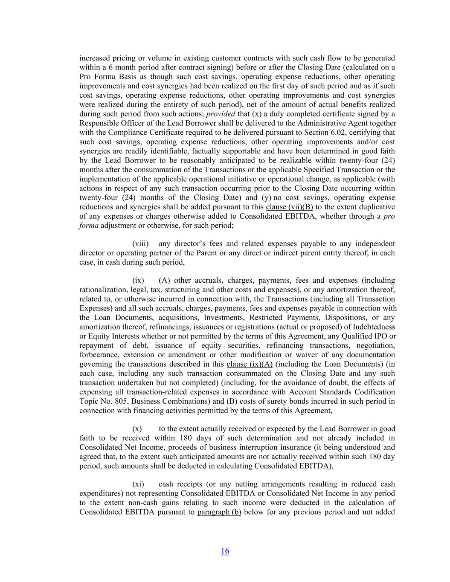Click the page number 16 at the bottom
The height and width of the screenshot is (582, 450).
(x=225, y=551)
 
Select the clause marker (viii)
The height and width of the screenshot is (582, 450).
(x=140, y=244)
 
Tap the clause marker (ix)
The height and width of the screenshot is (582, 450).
(x=138, y=281)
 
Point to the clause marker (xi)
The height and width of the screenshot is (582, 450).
(x=138, y=484)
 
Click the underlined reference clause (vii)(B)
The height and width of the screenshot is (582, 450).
(x=289, y=207)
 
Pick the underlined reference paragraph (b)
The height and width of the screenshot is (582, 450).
(x=219, y=512)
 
